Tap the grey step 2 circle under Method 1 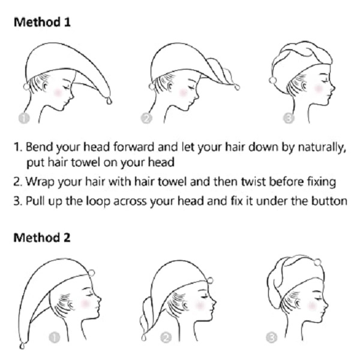click(146, 118)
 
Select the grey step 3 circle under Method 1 click(289, 118)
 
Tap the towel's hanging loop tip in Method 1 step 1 click(109, 101)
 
